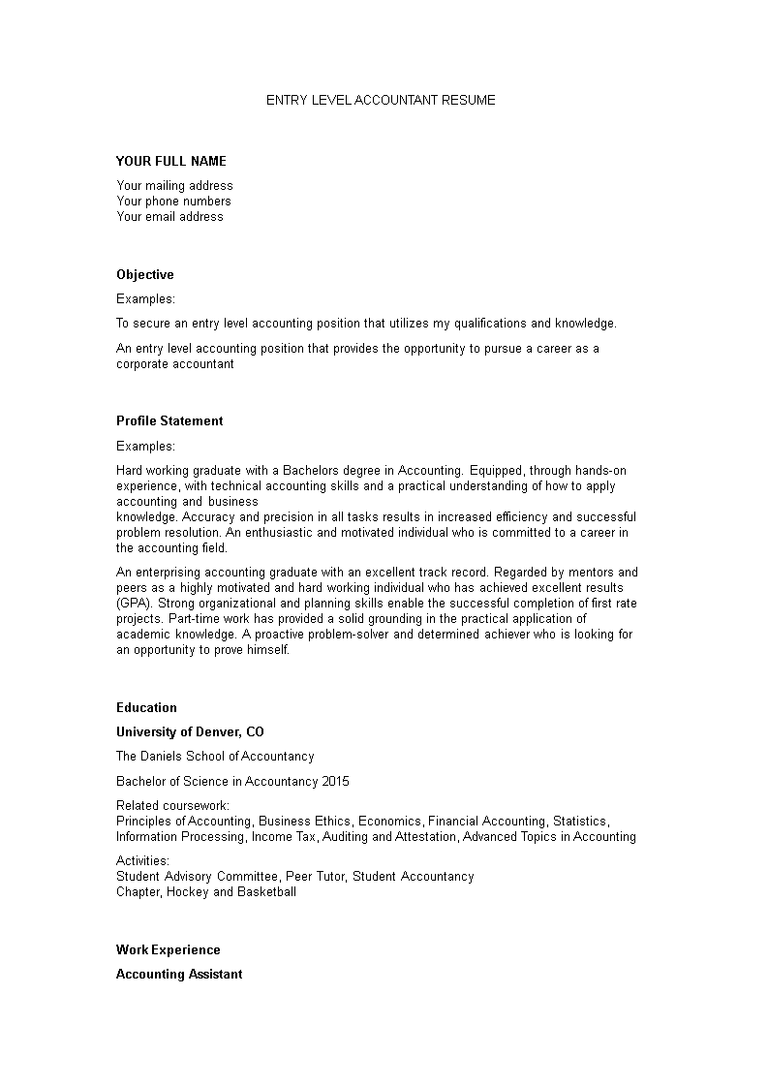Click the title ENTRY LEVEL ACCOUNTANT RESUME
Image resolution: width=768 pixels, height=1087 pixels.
click(381, 100)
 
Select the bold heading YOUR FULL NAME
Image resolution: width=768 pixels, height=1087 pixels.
click(171, 161)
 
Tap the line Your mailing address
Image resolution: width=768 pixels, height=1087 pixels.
click(174, 185)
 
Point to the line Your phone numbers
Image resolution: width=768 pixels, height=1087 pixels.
click(173, 201)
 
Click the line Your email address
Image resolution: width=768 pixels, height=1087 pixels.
click(169, 216)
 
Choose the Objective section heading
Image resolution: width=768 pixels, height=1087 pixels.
click(145, 274)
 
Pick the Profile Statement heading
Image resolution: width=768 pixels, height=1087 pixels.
click(169, 420)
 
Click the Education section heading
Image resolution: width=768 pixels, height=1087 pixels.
click(146, 707)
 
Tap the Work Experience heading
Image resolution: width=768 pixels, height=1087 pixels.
click(169, 949)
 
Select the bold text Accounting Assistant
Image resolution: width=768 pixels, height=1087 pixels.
click(179, 974)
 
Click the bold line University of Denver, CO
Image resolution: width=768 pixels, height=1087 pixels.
click(190, 731)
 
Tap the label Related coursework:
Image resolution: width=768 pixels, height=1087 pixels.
click(172, 805)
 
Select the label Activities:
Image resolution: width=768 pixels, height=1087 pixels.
click(142, 860)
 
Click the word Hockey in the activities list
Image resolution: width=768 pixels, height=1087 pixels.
click(188, 891)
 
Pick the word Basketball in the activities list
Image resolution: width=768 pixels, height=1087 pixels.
click(267, 891)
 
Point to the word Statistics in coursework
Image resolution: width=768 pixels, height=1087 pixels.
click(579, 821)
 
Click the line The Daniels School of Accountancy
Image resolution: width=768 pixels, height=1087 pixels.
click(215, 756)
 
